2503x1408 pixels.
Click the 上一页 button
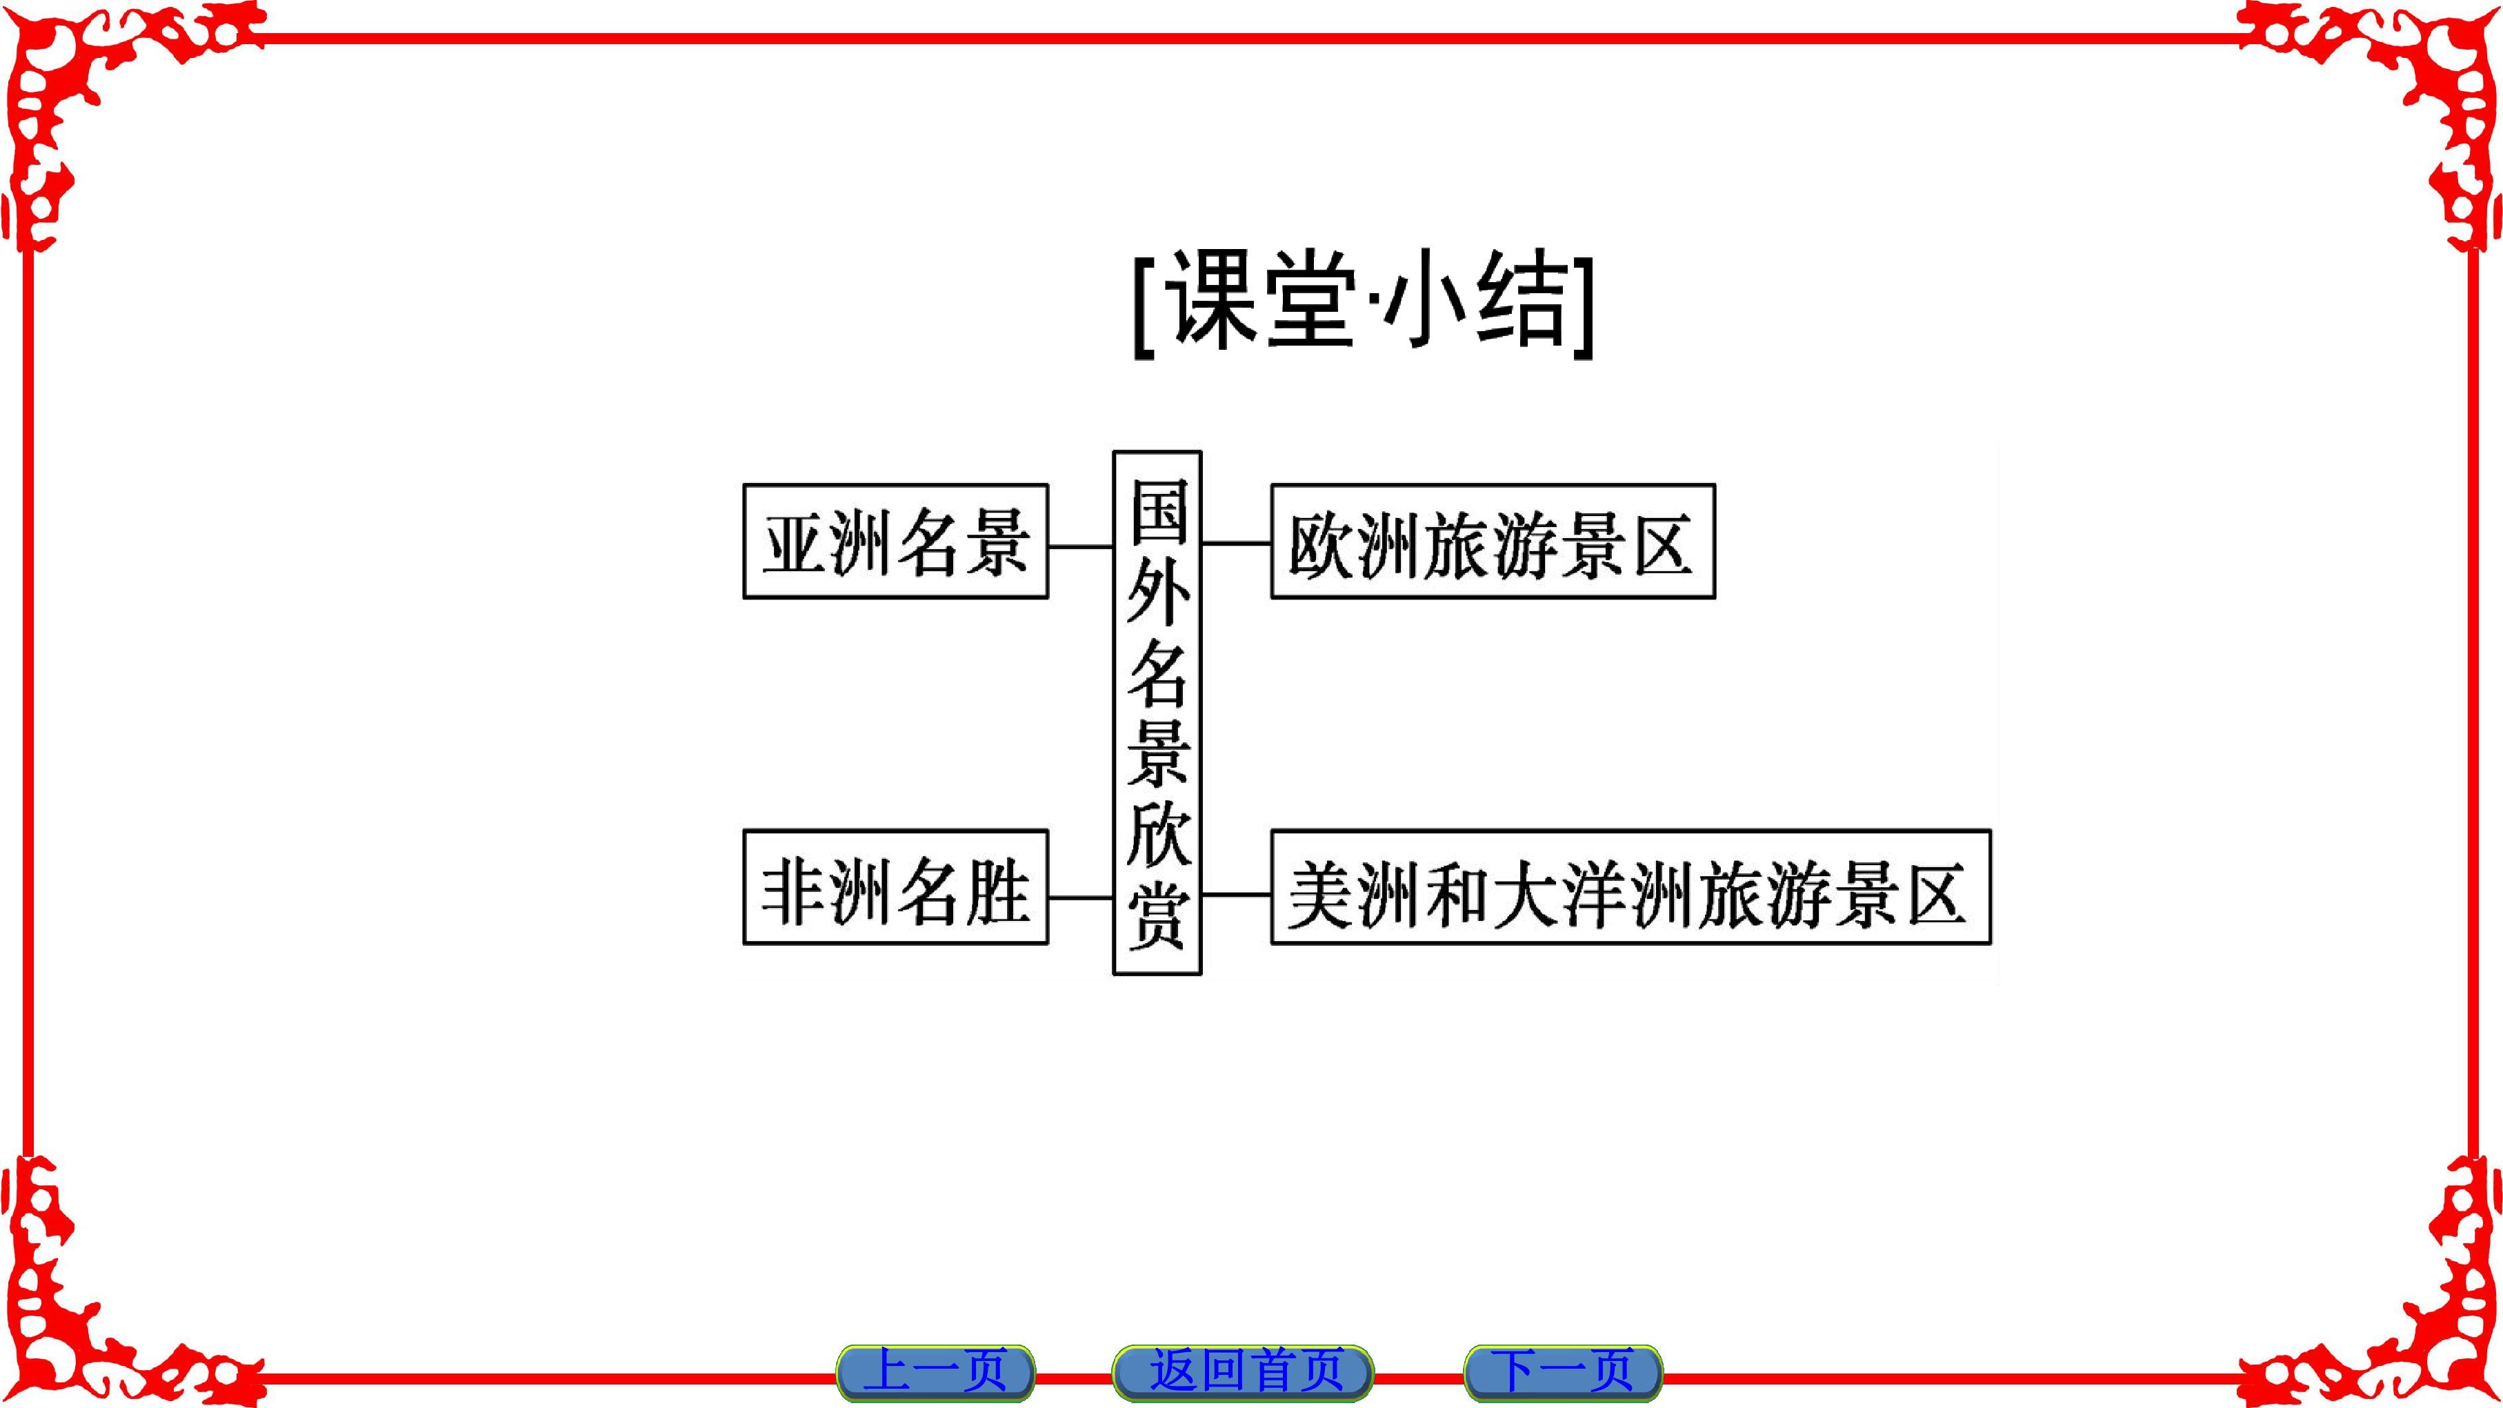[936, 1371]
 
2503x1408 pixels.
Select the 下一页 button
[1564, 1371]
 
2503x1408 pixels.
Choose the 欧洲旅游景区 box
[1493, 542]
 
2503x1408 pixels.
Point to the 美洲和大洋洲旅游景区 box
[1631, 886]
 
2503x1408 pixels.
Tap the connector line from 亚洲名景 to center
[1081, 546]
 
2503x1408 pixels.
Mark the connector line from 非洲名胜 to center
[1081, 897]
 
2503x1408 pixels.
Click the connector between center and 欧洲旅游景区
[1237, 543]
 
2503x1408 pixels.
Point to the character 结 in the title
[1522, 303]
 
